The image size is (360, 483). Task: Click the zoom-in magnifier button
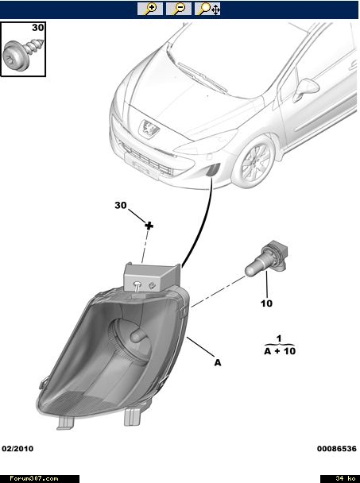pos(150,9)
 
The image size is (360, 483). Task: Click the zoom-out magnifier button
pos(179,9)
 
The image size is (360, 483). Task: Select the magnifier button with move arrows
pos(207,9)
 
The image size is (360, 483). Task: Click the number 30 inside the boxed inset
pos(38,28)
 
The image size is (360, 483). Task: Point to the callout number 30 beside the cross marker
pos(121,205)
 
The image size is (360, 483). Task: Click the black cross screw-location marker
pos(149,226)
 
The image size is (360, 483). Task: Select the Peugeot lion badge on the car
pos(149,128)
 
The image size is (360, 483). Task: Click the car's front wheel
pos(254,161)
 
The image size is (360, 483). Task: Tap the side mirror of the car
pos(305,89)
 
